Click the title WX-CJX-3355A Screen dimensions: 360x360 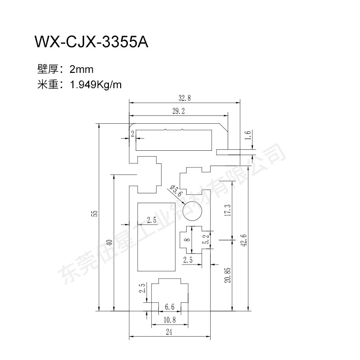coord(91,42)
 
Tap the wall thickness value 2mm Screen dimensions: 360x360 coord(81,69)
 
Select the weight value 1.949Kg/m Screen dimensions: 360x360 coord(95,85)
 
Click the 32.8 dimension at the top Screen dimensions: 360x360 coord(184,98)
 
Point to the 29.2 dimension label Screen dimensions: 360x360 coord(179,111)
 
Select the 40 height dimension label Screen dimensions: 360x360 coord(110,243)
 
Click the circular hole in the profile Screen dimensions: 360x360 coord(192,211)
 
